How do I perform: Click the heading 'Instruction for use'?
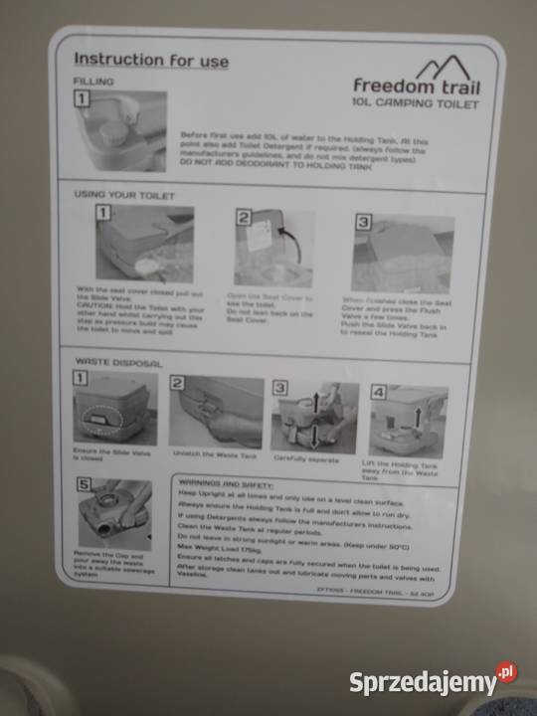pos(151,61)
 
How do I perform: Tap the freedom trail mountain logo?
pos(445,70)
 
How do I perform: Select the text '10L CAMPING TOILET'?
pos(415,103)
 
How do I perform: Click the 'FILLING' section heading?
pos(94,81)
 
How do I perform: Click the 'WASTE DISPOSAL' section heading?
pos(118,364)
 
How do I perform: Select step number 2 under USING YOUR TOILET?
pos(243,217)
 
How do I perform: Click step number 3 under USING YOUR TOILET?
pos(363,222)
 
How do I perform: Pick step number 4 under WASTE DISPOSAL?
pos(379,392)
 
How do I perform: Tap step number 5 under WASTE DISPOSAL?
pos(85,484)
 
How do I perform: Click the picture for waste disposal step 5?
pos(115,514)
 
